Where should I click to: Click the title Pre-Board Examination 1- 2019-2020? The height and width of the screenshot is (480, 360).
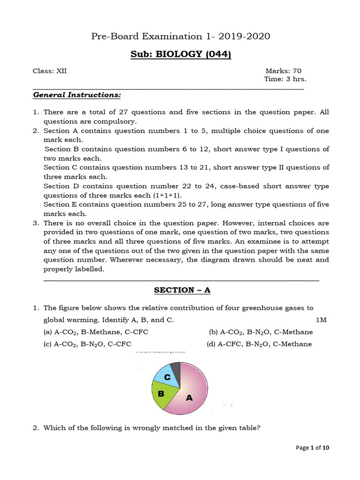pyautogui.click(x=180, y=37)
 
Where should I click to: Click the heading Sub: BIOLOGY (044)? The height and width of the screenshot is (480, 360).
pyautogui.click(x=180, y=54)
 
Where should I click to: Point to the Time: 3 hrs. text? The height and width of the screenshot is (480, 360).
pyautogui.click(x=285, y=79)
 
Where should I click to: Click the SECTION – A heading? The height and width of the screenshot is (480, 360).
pyautogui.click(x=182, y=290)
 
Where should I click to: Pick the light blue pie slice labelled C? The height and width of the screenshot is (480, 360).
pyautogui.click(x=167, y=376)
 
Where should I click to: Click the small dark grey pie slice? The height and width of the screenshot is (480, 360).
pyautogui.click(x=175, y=368)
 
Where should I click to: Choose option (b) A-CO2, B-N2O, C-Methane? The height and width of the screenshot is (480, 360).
pyautogui.click(x=261, y=332)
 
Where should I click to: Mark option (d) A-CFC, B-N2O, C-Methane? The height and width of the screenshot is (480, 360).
pyautogui.click(x=259, y=344)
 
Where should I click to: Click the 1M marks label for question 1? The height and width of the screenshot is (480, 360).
pyautogui.click(x=321, y=320)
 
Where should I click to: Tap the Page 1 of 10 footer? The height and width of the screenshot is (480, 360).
pyautogui.click(x=313, y=448)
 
